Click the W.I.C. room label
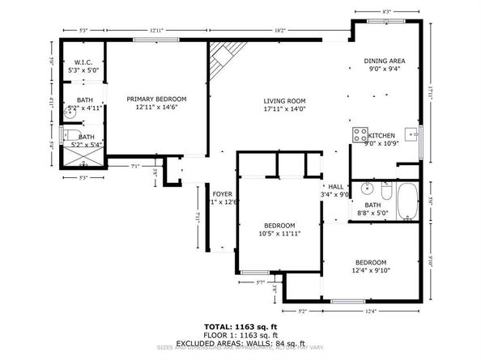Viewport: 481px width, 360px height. pyautogui.click(x=85, y=62)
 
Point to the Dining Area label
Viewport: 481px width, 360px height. pyautogui.click(x=384, y=61)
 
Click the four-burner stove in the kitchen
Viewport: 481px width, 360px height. pyautogui.click(x=359, y=133)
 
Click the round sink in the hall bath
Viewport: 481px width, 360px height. pyautogui.click(x=366, y=190)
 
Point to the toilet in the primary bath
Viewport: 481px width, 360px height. pyautogui.click(x=70, y=135)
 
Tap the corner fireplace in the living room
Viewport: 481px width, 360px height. pyautogui.click(x=220, y=58)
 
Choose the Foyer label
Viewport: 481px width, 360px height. pyautogui.click(x=223, y=194)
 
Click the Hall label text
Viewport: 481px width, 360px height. pyautogui.click(x=334, y=185)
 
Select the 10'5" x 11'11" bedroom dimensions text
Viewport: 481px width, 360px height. pyautogui.click(x=279, y=234)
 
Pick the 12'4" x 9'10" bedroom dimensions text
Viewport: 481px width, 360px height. pyautogui.click(x=370, y=271)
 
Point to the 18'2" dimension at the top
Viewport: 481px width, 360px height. pyautogui.click(x=279, y=30)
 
